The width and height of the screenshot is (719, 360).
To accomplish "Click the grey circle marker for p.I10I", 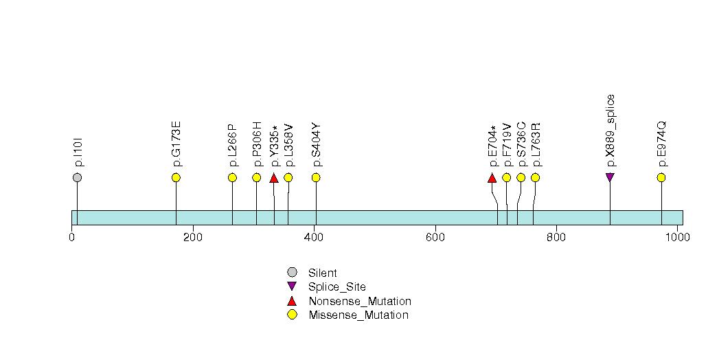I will tap(77, 178).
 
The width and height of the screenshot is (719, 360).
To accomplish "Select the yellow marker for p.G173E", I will tap(176, 178).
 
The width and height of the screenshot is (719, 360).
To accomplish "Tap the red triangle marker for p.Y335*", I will tap(273, 179).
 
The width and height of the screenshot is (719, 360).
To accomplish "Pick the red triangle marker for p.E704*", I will tap(492, 179).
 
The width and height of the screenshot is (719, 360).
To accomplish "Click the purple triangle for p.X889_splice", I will tap(610, 177).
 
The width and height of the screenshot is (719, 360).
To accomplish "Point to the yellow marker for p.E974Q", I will tap(661, 178).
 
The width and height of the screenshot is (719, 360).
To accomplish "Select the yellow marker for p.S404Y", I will tap(316, 178).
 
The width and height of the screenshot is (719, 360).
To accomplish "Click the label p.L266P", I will tap(232, 146).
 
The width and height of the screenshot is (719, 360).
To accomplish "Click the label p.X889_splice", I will tap(610, 131).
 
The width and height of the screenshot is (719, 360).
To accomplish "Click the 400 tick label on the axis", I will tap(314, 238).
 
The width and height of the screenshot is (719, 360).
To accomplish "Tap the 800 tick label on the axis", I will tap(556, 238).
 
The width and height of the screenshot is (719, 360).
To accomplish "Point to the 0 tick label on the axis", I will tap(72, 238).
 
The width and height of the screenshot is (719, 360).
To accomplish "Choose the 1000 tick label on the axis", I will tap(677, 238).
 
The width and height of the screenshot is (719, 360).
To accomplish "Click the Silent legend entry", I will tap(322, 273).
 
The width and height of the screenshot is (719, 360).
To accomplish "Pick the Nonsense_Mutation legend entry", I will tap(359, 302).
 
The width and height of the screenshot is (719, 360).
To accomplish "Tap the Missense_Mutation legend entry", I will tap(358, 315).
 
